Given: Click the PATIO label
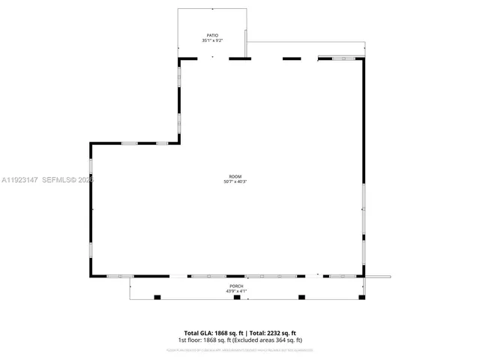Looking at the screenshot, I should [x=212, y=35].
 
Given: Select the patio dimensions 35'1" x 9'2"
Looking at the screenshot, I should [x=212, y=40].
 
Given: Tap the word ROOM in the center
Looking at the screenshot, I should [x=235, y=177].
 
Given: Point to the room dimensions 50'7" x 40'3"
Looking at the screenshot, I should [x=235, y=182].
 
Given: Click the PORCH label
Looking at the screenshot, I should [x=236, y=286].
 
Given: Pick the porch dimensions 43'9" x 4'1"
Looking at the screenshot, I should [x=236, y=292].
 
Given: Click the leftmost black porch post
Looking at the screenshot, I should [x=157, y=297].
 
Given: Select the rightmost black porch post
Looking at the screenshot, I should [x=363, y=297].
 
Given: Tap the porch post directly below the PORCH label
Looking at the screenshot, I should [x=237, y=297].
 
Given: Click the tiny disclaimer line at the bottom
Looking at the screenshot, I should [x=239, y=349].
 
